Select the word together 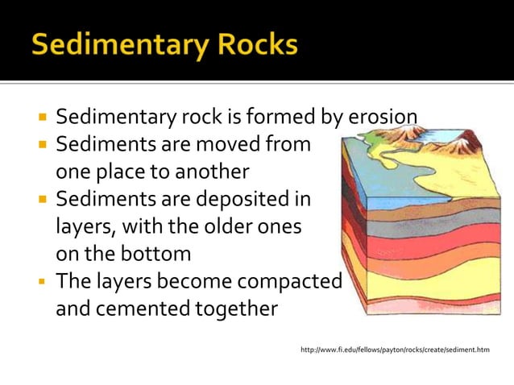point(237,309)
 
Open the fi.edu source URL point(394,350)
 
